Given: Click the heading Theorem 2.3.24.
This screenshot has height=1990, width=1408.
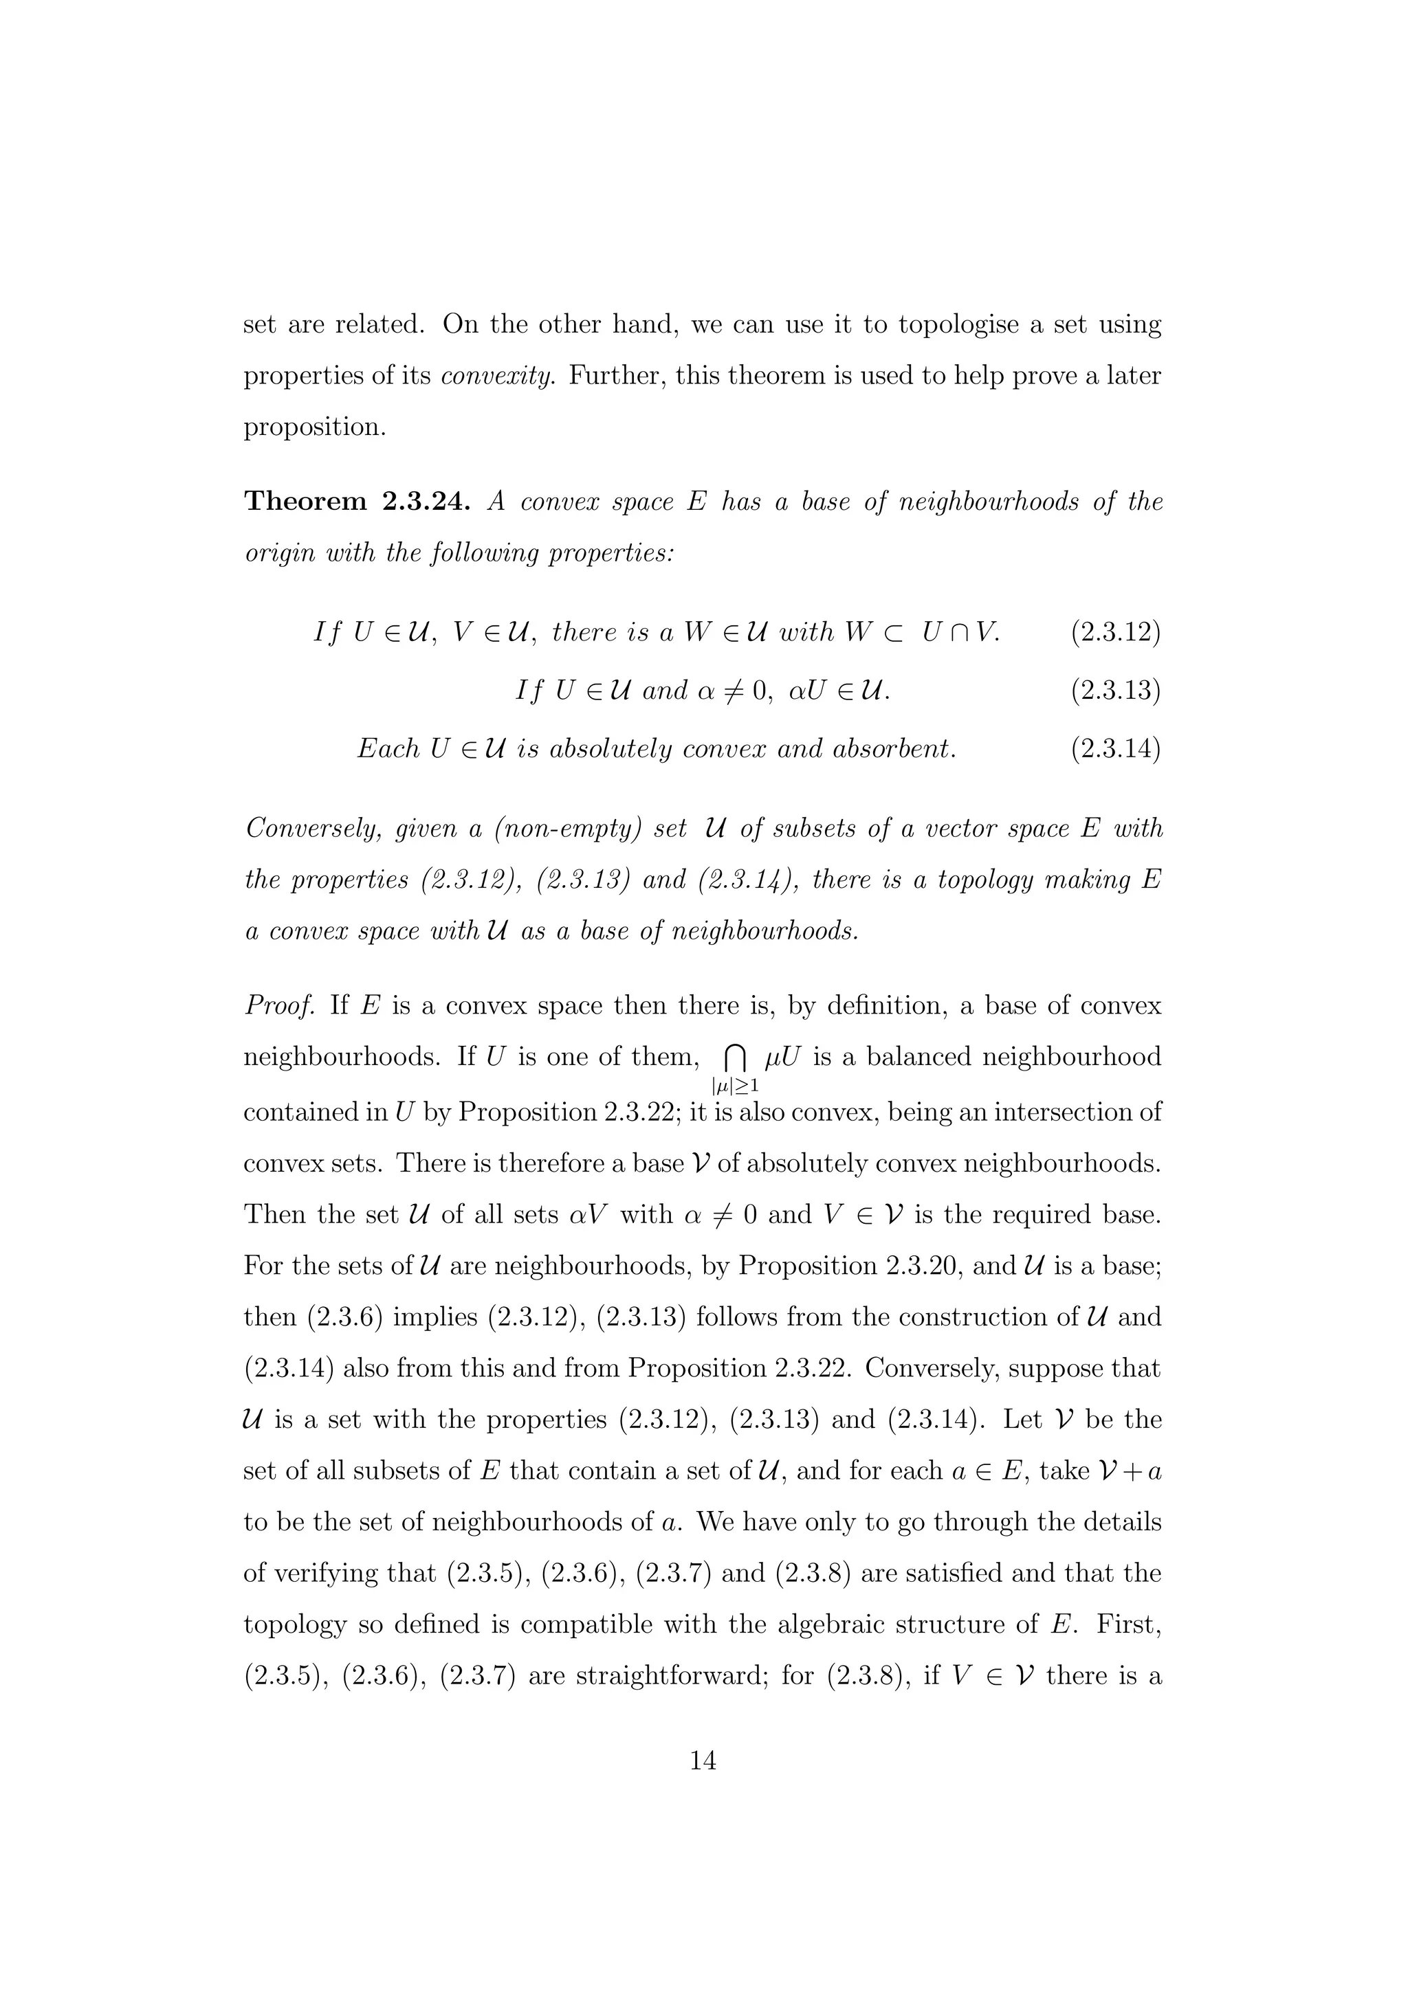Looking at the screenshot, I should click(357, 502).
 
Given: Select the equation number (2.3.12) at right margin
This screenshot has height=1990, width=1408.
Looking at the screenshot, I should click(1115, 632).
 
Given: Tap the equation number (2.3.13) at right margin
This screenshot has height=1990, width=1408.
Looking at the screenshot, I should click(1115, 691).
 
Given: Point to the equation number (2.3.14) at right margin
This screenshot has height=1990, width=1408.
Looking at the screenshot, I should click(1115, 748).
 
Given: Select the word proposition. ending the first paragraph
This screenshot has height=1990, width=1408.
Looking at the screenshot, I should click(315, 427).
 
